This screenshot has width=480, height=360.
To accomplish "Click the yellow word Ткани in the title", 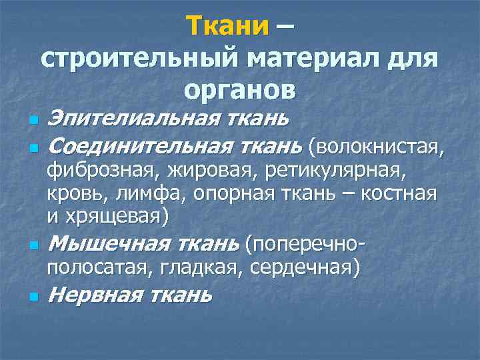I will [227, 26].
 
